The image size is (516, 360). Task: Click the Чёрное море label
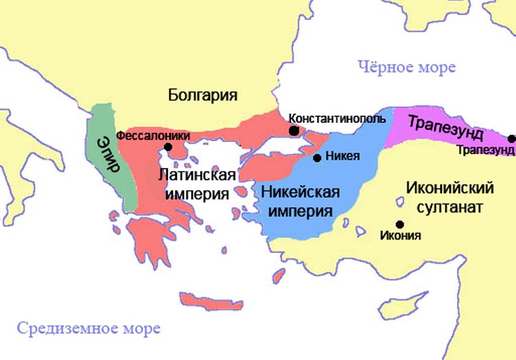pyautogui.click(x=406, y=67)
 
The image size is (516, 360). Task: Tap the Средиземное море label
pyautogui.click(x=89, y=328)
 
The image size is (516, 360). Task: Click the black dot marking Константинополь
pyautogui.click(x=294, y=130)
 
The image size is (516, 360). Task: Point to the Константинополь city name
pyautogui.click(x=337, y=118)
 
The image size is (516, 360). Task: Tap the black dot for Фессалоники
pyautogui.click(x=168, y=147)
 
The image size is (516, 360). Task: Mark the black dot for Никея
pyautogui.click(x=316, y=158)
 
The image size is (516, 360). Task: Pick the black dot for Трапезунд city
pyautogui.click(x=511, y=138)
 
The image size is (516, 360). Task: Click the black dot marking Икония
pyautogui.click(x=400, y=224)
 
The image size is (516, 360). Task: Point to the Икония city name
pyautogui.click(x=400, y=236)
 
